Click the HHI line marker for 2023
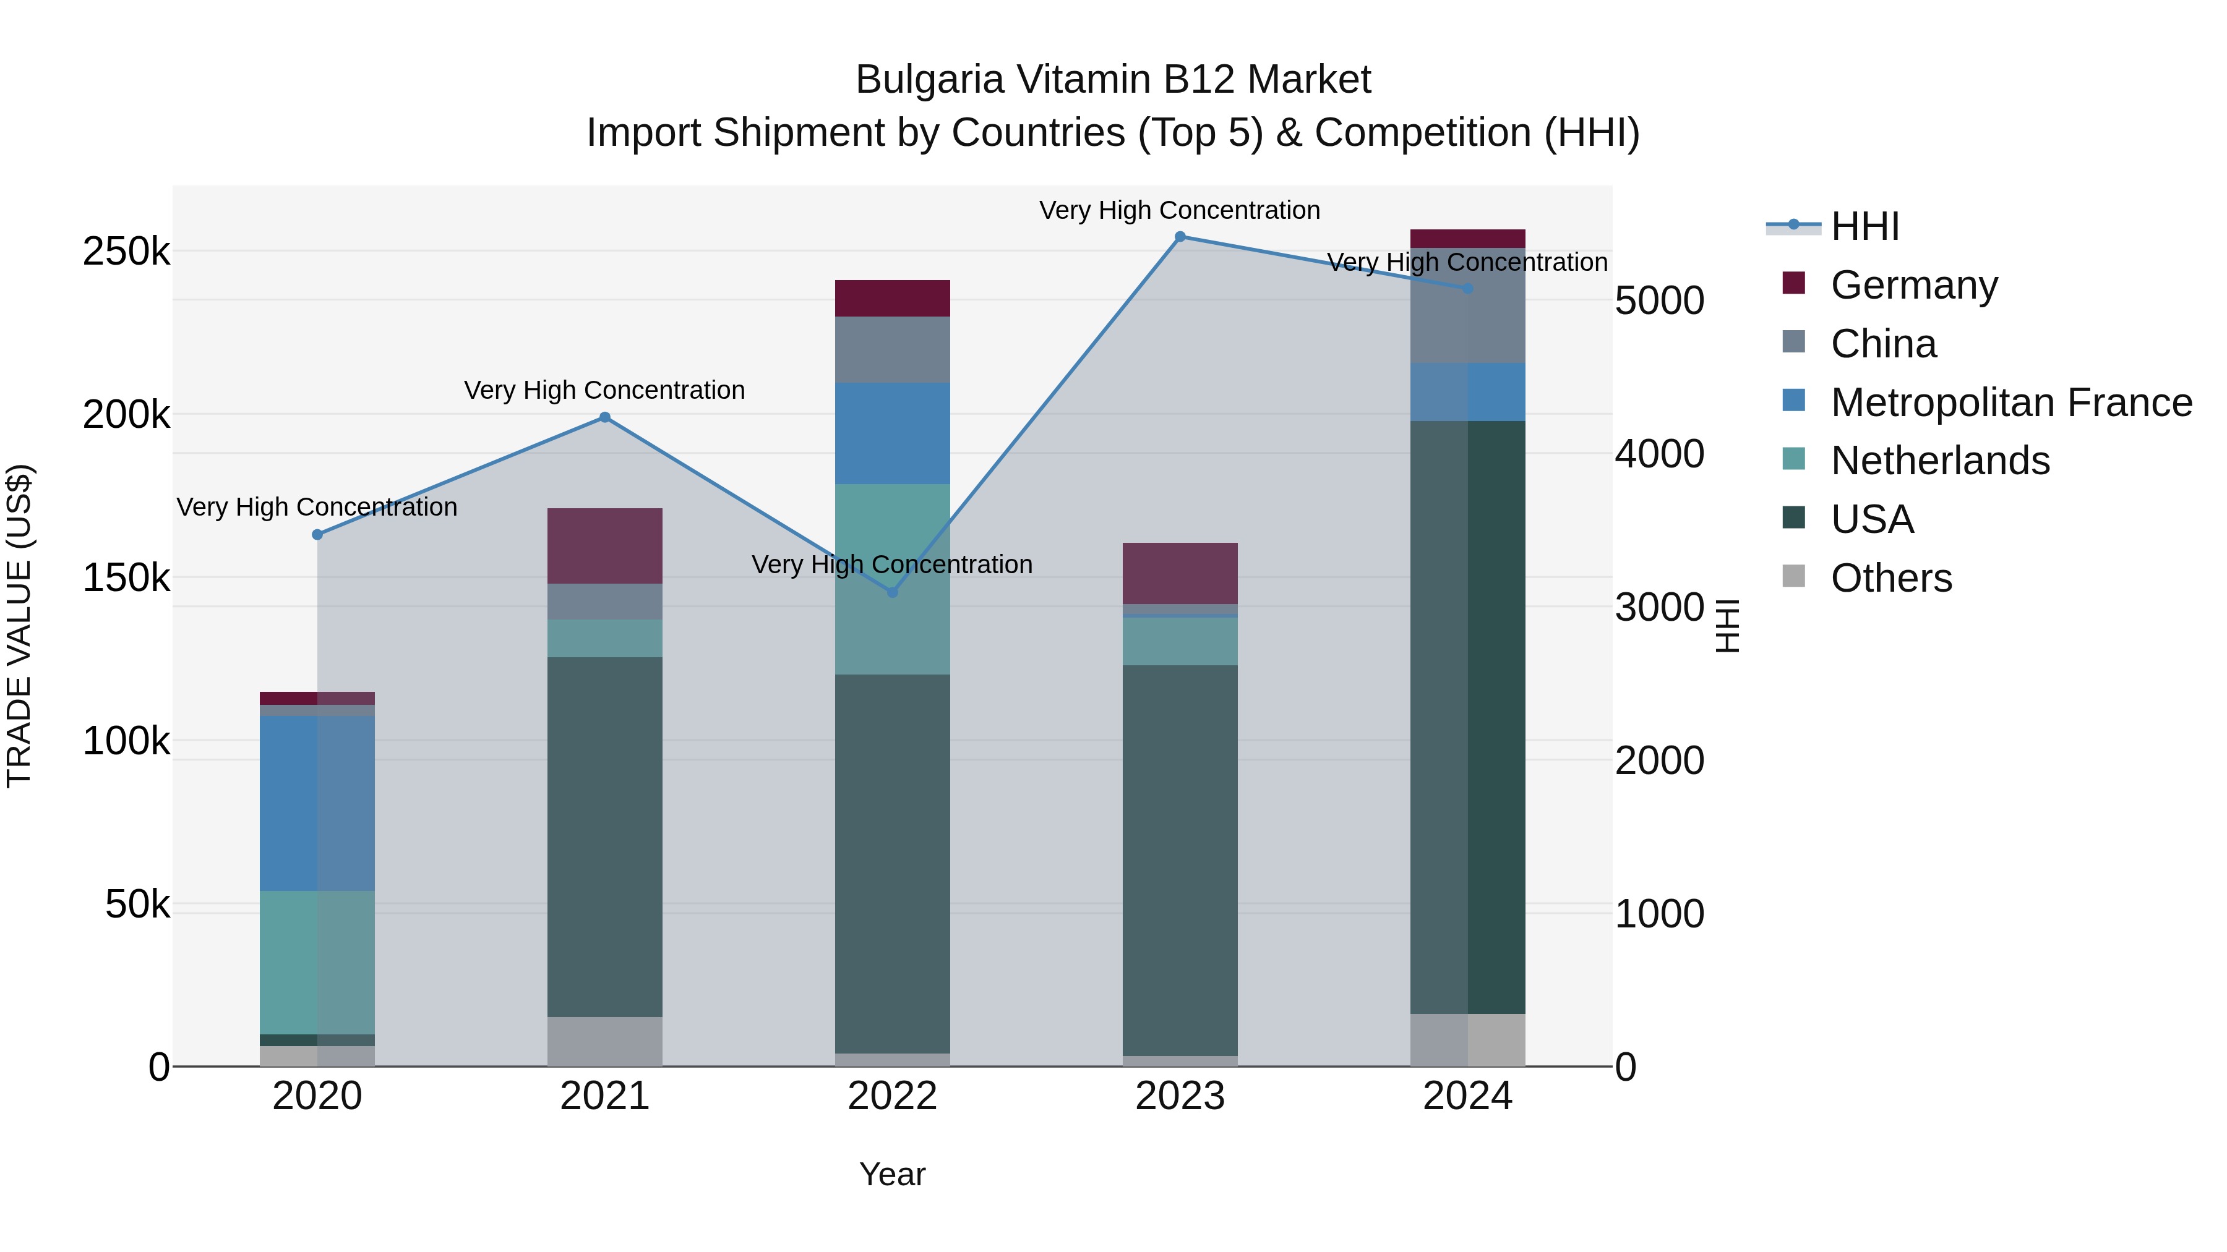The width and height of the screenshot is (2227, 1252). [x=1180, y=237]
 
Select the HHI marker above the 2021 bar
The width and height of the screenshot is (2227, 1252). [x=605, y=417]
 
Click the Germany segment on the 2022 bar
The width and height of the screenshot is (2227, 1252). [x=892, y=298]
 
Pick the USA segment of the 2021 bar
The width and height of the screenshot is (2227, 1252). [x=605, y=837]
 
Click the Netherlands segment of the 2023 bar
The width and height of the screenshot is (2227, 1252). [x=1180, y=641]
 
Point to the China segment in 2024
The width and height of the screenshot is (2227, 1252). [x=1468, y=306]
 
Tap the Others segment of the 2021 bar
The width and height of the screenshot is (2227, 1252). [x=605, y=1041]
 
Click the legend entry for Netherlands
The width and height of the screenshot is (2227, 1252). [x=1939, y=461]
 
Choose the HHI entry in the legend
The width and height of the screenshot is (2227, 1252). [x=1864, y=226]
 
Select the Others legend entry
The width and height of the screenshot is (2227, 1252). [x=1890, y=578]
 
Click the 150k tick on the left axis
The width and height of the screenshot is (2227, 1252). [x=126, y=577]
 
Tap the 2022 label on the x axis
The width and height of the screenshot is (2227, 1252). [x=892, y=1096]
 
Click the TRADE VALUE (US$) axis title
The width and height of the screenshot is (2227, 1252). [x=19, y=626]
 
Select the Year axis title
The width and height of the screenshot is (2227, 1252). [x=892, y=1174]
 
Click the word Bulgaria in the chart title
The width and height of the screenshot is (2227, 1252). [x=929, y=80]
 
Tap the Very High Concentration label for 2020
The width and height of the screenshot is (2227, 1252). [x=317, y=507]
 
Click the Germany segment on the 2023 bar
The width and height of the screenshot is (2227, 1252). [x=1180, y=573]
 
